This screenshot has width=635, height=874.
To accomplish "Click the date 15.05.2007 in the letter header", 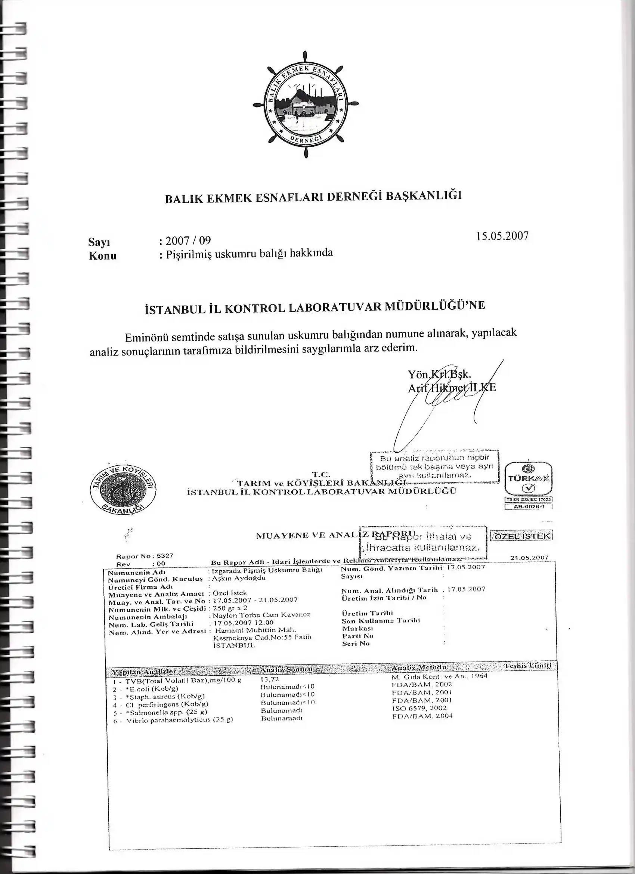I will click(502, 236).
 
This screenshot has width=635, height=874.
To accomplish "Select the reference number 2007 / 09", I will click(187, 241).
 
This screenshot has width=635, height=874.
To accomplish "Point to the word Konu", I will click(102, 256).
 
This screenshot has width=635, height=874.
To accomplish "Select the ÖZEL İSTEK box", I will click(521, 536).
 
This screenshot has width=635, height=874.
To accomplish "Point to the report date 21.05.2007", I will click(529, 558).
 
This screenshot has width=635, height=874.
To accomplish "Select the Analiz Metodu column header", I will click(419, 667).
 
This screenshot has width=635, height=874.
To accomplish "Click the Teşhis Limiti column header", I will click(527, 666).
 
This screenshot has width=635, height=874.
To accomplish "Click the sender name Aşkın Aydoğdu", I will click(239, 578).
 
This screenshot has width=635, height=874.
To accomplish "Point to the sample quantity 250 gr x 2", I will click(230, 608).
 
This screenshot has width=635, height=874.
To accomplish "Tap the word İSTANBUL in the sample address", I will click(234, 645).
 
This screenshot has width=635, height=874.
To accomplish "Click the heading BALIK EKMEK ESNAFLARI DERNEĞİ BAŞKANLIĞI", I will click(313, 197).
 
